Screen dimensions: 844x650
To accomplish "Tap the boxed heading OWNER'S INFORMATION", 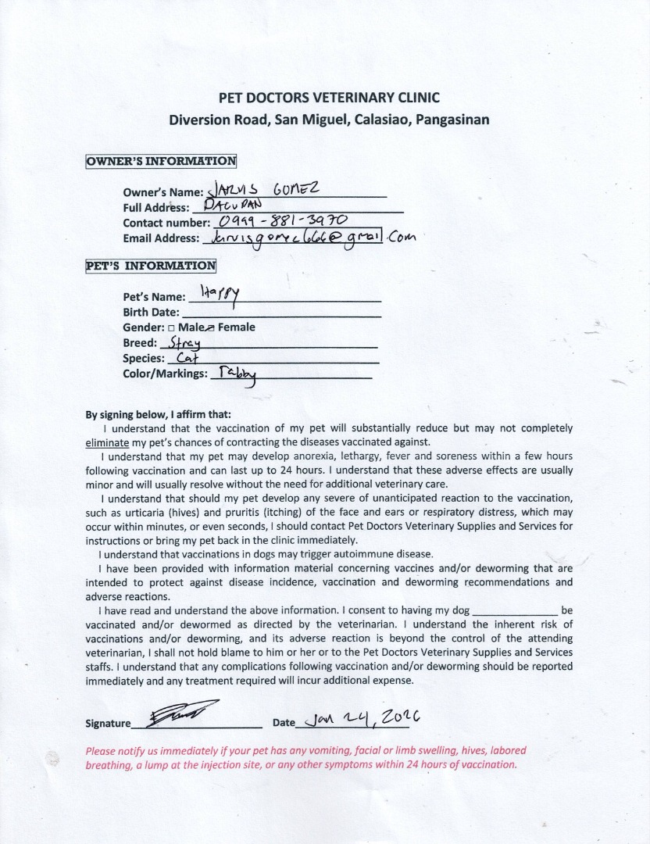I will [161, 162].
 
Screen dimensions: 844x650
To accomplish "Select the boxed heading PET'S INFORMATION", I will [151, 265].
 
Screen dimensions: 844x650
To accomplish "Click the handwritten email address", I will [309, 238].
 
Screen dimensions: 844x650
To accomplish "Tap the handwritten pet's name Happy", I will [220, 294].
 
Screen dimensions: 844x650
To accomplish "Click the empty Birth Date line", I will [281, 313].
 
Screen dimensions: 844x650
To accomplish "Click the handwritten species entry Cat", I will [187, 358].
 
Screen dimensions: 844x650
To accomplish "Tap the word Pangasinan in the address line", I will [452, 120].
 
